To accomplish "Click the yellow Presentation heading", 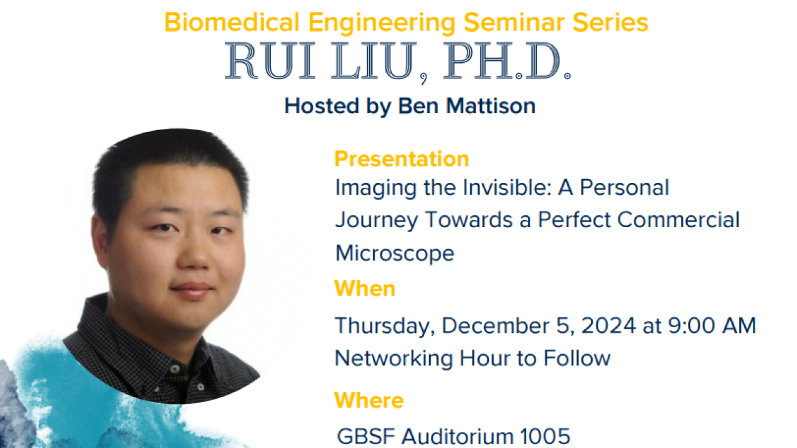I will [x=402, y=159].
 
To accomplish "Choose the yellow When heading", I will [x=365, y=289].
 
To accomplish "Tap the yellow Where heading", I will [x=369, y=400].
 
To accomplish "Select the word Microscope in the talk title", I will [x=395, y=253].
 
